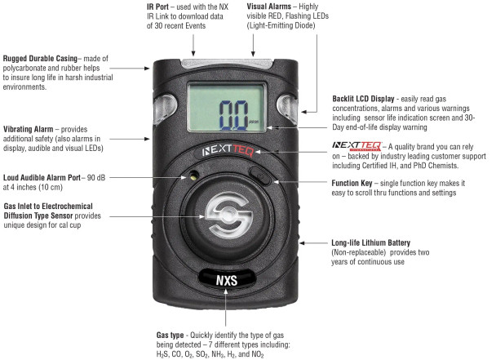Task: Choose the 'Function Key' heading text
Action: [x=352, y=183]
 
